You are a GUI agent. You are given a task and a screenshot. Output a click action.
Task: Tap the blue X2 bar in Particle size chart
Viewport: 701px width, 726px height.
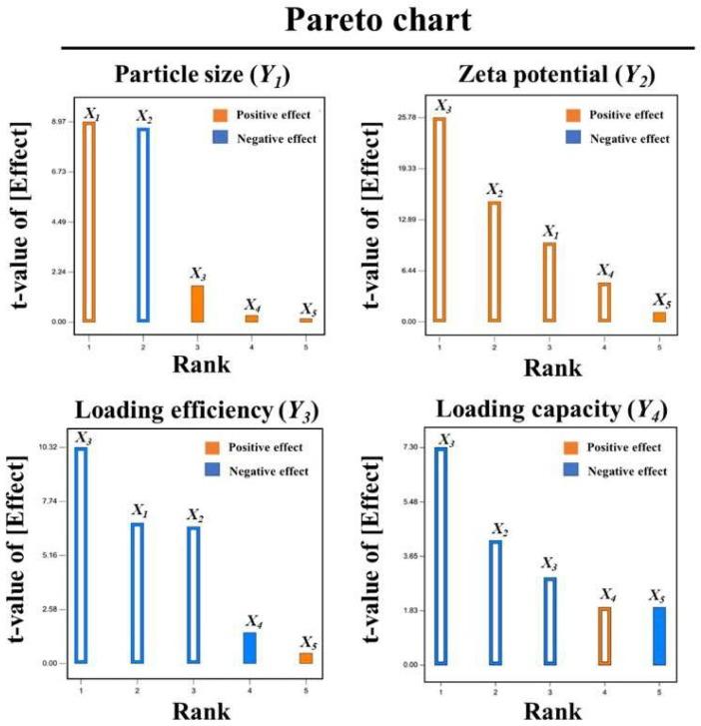(x=143, y=225)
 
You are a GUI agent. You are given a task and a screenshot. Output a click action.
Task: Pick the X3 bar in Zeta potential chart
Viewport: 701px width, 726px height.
(x=439, y=220)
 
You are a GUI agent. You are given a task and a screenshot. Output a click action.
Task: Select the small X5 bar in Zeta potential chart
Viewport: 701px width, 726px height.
(x=659, y=317)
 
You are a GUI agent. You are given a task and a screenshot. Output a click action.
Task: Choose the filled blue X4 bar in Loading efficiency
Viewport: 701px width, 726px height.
(x=250, y=647)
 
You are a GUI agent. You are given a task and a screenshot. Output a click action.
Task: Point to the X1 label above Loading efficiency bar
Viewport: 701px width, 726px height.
(x=139, y=510)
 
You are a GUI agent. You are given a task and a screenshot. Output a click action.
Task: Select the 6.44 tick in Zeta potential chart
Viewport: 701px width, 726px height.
(x=405, y=271)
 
